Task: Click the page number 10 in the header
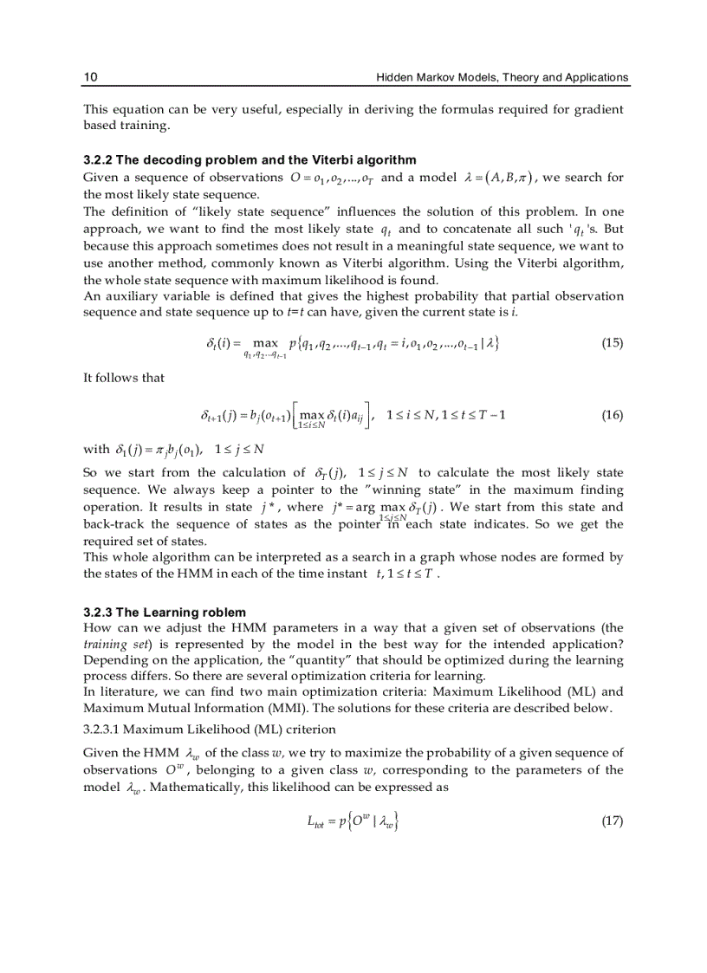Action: coord(90,77)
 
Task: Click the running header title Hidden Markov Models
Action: coord(502,77)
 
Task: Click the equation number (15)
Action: coord(612,343)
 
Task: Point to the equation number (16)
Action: coord(612,415)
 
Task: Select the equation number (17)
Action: coord(612,821)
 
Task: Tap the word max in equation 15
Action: coord(265,344)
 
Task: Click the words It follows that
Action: coord(123,377)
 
